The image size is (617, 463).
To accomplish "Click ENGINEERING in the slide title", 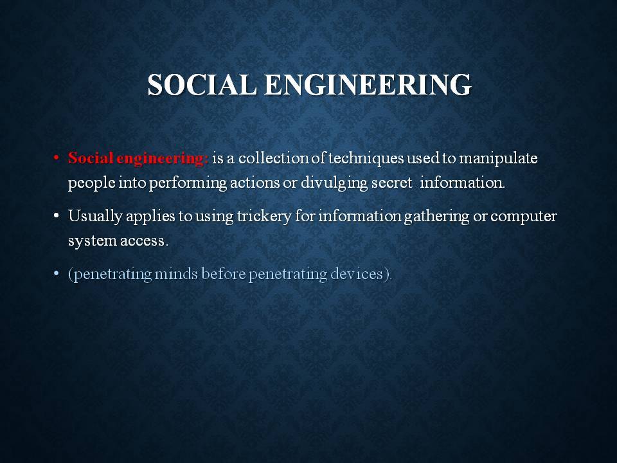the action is click(368, 85).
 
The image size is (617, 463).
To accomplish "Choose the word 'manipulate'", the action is click(498, 159).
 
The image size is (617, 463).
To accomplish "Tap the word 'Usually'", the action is click(95, 217).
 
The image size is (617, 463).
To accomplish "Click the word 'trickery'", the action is click(264, 217).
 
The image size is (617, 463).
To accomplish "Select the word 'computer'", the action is click(523, 217).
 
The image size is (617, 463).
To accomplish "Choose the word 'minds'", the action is click(176, 274).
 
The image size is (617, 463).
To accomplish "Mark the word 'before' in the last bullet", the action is click(223, 274).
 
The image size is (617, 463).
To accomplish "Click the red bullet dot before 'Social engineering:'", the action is click(57, 158).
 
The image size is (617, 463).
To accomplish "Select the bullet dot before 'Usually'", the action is click(57, 216).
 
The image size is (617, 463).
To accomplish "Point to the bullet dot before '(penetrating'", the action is click(57, 273).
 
